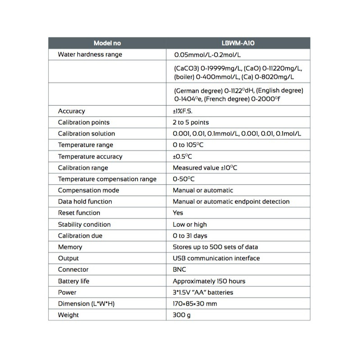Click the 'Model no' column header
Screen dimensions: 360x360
(x=107, y=43)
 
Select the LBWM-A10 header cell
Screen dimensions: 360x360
(x=238, y=43)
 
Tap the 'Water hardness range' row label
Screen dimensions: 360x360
(x=90, y=54)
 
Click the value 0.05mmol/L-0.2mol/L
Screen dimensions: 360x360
(x=207, y=55)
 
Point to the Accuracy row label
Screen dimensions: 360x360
(x=71, y=111)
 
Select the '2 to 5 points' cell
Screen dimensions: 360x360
(x=191, y=122)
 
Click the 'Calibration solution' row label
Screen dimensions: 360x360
(x=86, y=134)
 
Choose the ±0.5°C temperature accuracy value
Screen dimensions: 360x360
(x=183, y=157)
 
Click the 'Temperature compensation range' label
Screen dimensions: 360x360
(x=107, y=179)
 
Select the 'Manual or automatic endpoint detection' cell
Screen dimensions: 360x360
(x=231, y=202)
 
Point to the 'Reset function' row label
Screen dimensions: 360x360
(x=79, y=213)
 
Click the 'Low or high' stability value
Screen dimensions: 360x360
(x=190, y=225)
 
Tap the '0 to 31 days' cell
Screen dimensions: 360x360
(x=190, y=236)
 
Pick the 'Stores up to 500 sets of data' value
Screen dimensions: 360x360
(x=215, y=247)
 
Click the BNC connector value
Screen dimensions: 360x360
(x=179, y=270)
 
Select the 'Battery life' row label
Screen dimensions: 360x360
(x=74, y=281)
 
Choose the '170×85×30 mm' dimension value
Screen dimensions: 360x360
(x=194, y=304)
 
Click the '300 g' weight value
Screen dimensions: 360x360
(x=182, y=315)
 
